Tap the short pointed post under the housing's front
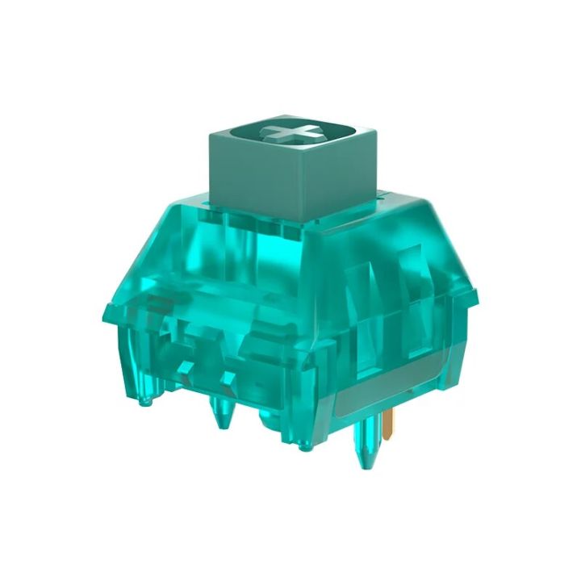(x=219, y=416)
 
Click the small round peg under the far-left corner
(x=147, y=395)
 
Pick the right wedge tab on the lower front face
(x=228, y=376)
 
